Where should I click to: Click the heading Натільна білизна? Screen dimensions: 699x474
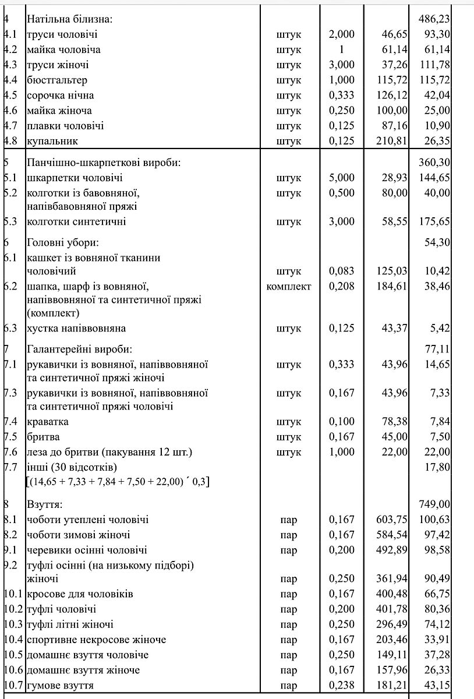[69, 19]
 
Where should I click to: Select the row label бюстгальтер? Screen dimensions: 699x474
[56, 80]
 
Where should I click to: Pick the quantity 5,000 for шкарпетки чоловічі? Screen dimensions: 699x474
[341, 178]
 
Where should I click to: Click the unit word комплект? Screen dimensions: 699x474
[289, 286]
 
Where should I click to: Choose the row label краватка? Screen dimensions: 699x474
[48, 421]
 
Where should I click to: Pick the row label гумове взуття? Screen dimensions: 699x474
[61, 685]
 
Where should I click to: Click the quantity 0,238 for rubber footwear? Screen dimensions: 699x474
[341, 685]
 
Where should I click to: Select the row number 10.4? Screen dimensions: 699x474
[13, 640]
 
